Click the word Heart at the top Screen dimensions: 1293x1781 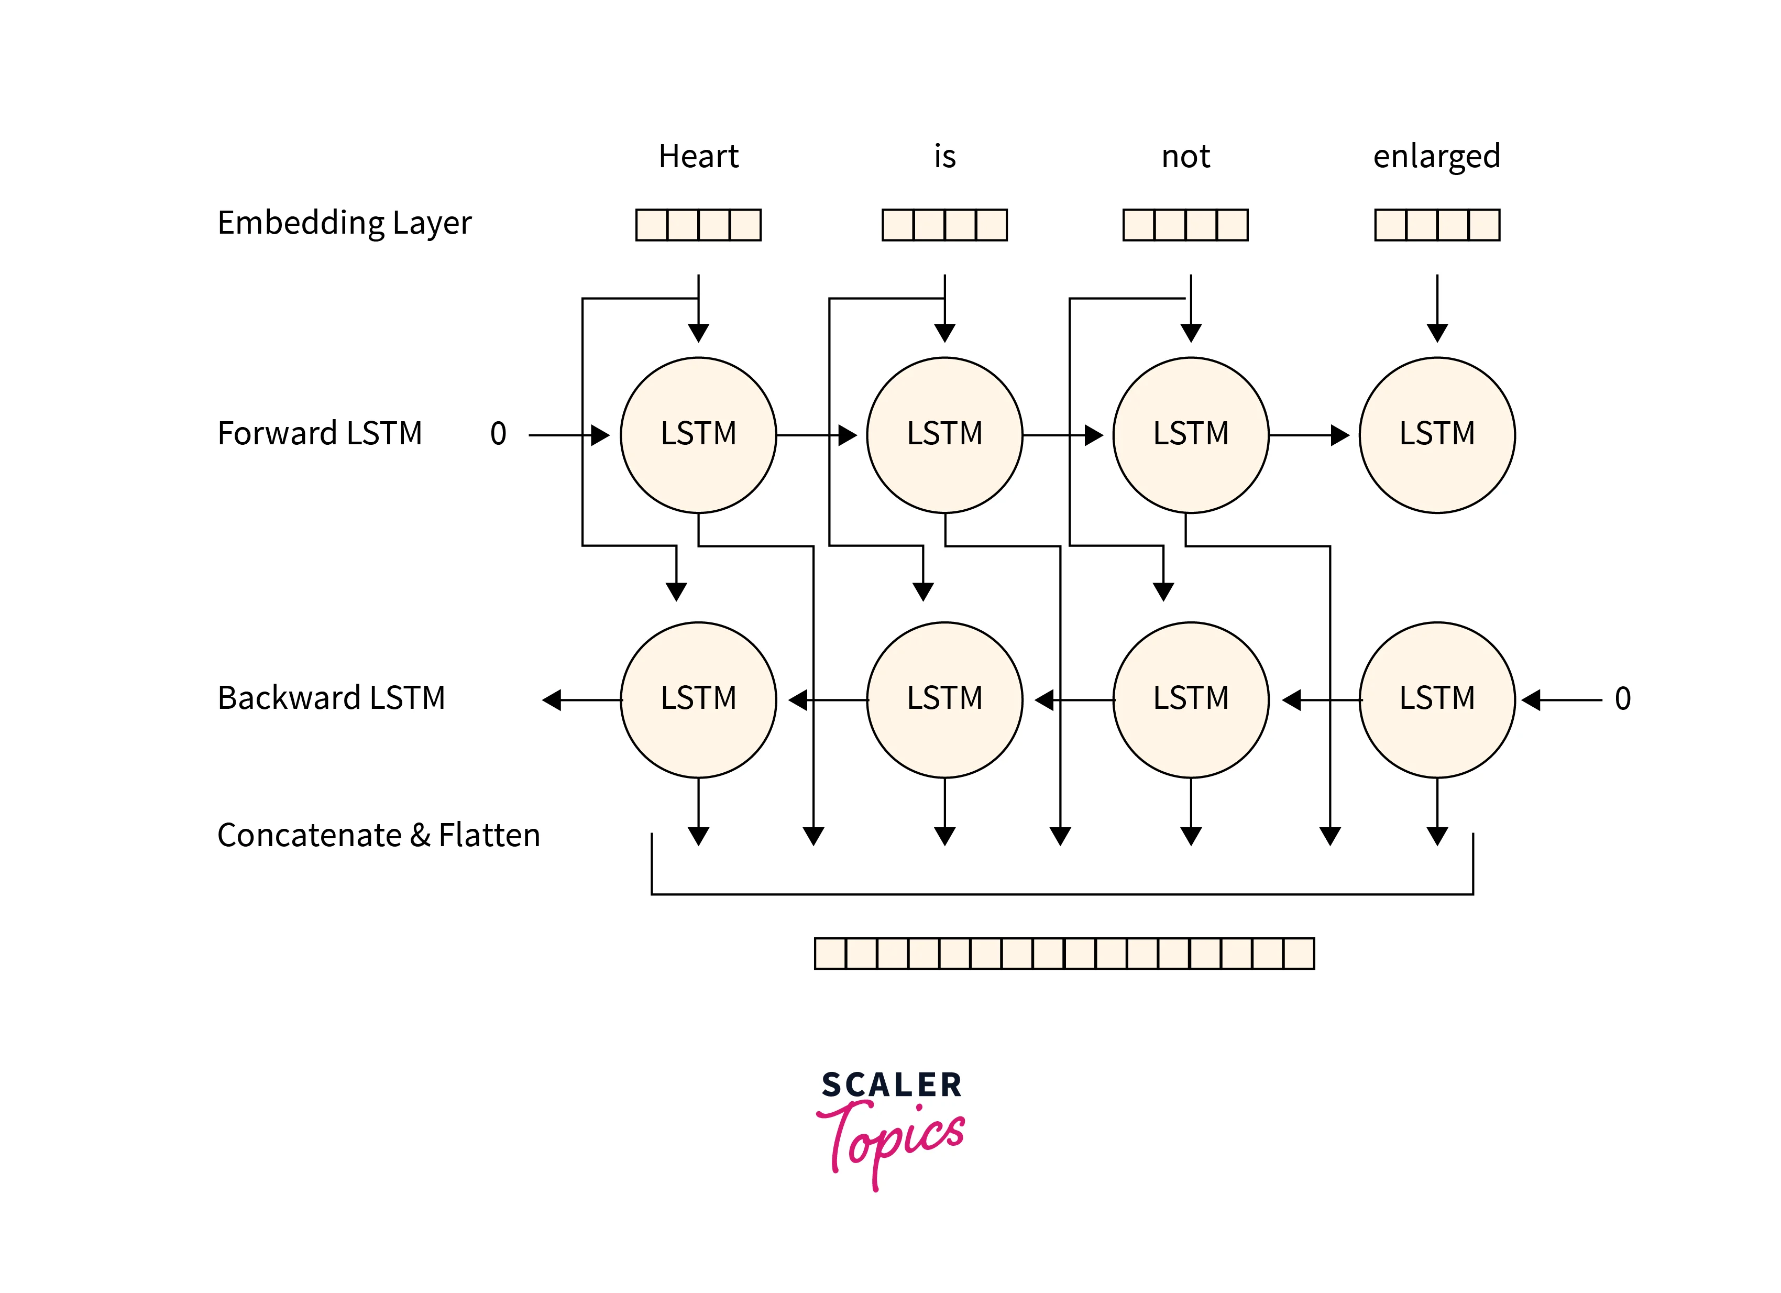click(698, 156)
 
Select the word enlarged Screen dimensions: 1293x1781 click(1436, 156)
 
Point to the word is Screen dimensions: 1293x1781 click(944, 156)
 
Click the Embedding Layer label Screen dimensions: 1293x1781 click(344, 223)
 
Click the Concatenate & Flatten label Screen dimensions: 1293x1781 click(379, 835)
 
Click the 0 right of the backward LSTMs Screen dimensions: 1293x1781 click(1622, 698)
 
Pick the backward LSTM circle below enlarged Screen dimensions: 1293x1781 click(1437, 699)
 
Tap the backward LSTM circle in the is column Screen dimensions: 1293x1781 click(944, 699)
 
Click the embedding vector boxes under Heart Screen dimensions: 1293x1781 click(698, 225)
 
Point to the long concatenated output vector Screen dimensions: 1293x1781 click(1064, 953)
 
